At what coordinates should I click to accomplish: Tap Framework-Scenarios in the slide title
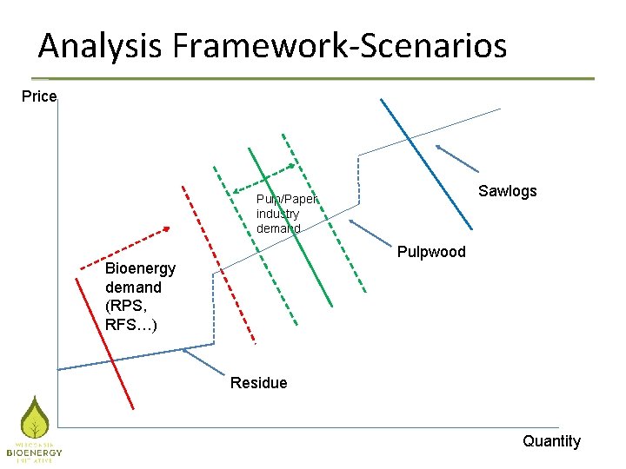[340, 45]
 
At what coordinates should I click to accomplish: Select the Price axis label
[39, 96]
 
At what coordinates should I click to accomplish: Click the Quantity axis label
[551, 441]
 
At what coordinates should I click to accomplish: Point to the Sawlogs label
[508, 191]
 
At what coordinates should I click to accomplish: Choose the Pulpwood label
[431, 252]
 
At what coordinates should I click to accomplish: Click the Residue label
[258, 383]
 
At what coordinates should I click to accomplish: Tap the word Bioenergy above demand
[140, 269]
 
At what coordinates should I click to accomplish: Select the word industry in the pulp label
[277, 214]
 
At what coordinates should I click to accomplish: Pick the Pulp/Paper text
[287, 199]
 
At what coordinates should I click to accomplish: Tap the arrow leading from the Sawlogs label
[457, 157]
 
